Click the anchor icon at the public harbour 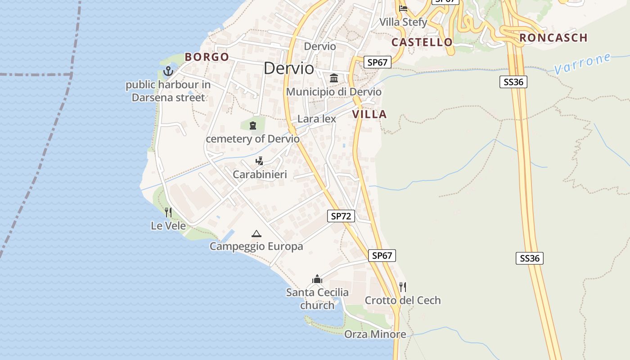pyautogui.click(x=168, y=71)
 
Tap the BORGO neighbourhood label pyautogui.click(x=207, y=57)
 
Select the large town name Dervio pyautogui.click(x=289, y=68)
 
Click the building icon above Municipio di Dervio pyautogui.click(x=334, y=78)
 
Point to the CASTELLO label pyautogui.click(x=422, y=42)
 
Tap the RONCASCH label pyautogui.click(x=553, y=38)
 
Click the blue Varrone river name pyautogui.click(x=582, y=64)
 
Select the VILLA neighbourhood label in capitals pyautogui.click(x=369, y=114)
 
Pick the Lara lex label pyautogui.click(x=317, y=119)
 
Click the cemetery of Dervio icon pyautogui.click(x=252, y=125)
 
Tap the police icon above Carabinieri pyautogui.click(x=259, y=161)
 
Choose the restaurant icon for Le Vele pyautogui.click(x=168, y=212)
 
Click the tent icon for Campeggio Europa pyautogui.click(x=256, y=234)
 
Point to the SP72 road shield pyautogui.click(x=341, y=216)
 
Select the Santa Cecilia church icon pyautogui.click(x=317, y=279)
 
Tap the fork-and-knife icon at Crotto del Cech pyautogui.click(x=403, y=287)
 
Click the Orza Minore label pyautogui.click(x=375, y=334)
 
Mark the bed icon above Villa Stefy pyautogui.click(x=403, y=8)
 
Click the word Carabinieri pyautogui.click(x=260, y=175)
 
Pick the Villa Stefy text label pyautogui.click(x=403, y=22)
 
